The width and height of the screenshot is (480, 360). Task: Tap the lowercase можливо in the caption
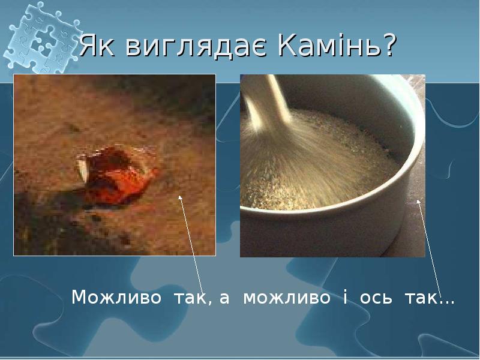coord(286,298)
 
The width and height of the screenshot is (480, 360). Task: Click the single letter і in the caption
coord(346,298)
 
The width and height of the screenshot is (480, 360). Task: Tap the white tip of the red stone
coord(83,169)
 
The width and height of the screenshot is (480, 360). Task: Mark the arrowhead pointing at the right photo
coord(418,202)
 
